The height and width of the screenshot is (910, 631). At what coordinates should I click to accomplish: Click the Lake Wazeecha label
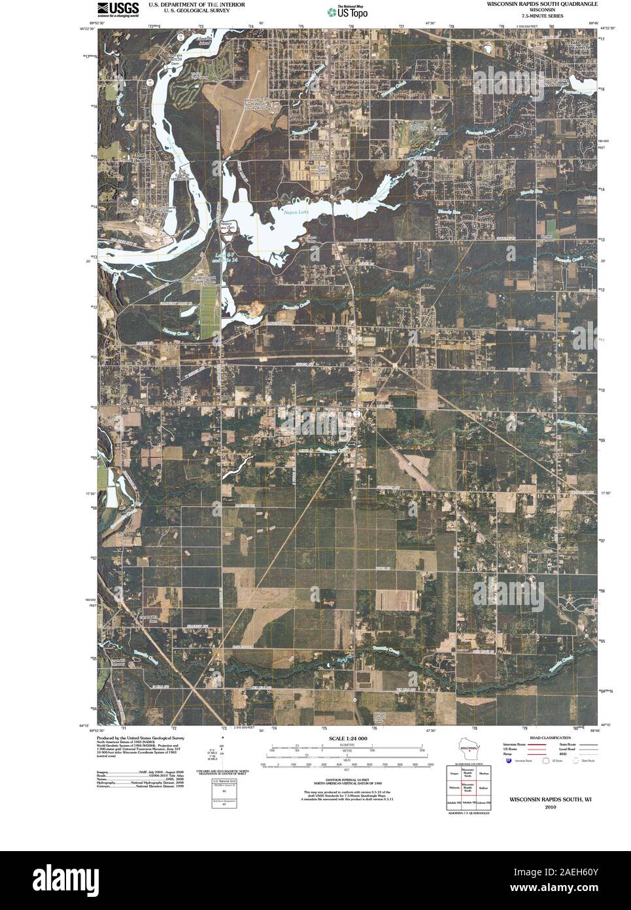point(579,47)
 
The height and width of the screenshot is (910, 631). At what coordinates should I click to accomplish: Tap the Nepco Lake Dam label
point(228,227)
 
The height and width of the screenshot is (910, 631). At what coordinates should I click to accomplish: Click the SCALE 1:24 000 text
point(344,738)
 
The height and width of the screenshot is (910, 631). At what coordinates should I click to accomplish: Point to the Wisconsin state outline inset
point(468,749)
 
